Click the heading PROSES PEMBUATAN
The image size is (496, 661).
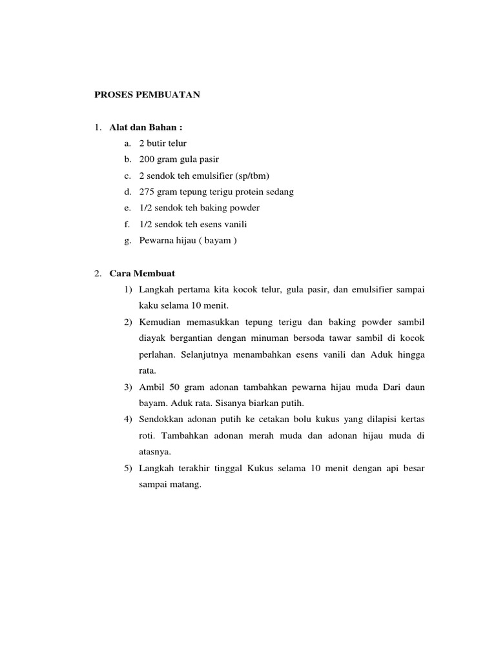tap(147, 95)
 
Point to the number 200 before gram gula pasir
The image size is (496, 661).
tap(147, 159)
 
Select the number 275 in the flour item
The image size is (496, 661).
tap(147, 192)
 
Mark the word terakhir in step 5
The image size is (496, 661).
tap(196, 468)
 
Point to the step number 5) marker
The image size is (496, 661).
tap(127, 468)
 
